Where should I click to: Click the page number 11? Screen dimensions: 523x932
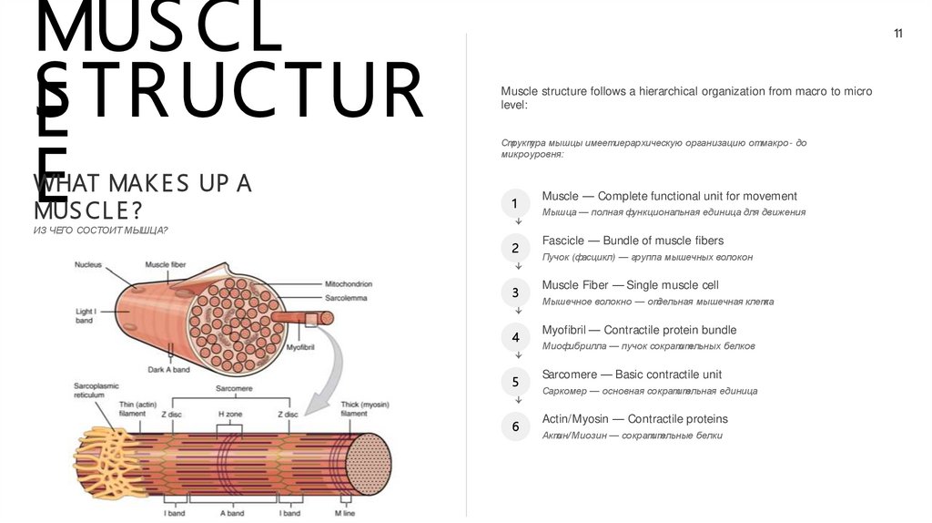click(898, 35)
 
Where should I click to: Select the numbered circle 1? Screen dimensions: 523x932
click(515, 203)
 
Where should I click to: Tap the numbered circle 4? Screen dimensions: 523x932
click(515, 338)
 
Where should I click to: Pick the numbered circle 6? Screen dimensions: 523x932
click(515, 426)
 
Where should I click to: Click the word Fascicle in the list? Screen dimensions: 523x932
click(562, 241)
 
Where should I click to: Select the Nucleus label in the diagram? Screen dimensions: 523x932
click(88, 265)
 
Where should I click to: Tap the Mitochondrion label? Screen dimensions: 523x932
click(349, 284)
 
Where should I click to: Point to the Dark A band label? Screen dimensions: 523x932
click(168, 370)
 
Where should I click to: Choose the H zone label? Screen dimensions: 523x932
click(229, 415)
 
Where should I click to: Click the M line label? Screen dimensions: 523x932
click(345, 513)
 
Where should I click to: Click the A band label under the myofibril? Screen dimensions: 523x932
click(232, 513)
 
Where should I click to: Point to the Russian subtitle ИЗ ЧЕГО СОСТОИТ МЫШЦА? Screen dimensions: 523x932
click(101, 231)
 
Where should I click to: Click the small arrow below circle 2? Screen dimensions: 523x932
click(518, 266)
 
